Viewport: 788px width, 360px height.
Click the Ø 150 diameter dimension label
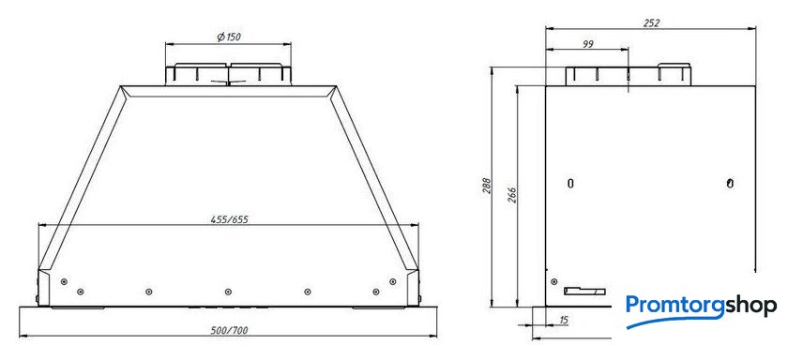(229, 37)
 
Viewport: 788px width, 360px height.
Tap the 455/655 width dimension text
(229, 219)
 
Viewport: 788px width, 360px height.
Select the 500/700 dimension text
(229, 330)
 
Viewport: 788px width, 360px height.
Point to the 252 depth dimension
(651, 23)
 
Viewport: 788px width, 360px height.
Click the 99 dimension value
(588, 44)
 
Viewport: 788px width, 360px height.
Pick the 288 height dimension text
(486, 186)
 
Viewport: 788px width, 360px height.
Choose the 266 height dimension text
(512, 195)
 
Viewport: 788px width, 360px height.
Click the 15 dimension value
(563, 320)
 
